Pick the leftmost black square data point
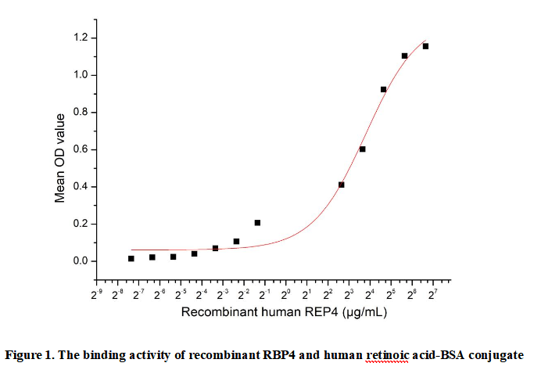coord(131,258)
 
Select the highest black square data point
coord(425,46)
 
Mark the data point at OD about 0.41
coord(341,185)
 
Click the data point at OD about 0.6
coord(362,149)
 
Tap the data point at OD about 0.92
coord(383,89)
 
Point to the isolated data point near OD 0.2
coord(257,223)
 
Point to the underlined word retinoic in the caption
coord(385,356)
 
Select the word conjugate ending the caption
coord(496,356)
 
